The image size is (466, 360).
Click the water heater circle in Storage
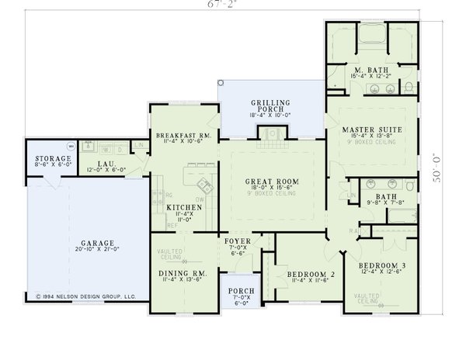click(71, 145)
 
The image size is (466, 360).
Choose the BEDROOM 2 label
click(310, 274)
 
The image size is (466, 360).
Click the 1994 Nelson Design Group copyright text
click(86, 296)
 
